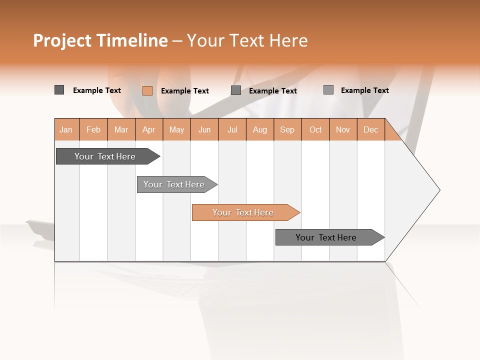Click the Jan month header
(66, 129)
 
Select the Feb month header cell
(93, 129)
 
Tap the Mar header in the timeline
(121, 129)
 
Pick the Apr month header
(148, 129)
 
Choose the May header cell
(176, 129)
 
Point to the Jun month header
(204, 129)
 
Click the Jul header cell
(232, 129)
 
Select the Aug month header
(260, 129)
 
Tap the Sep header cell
(287, 129)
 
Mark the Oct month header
(315, 129)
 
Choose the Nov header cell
(343, 129)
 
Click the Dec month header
(371, 129)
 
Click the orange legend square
(147, 90)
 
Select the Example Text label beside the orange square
(185, 91)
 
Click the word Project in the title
(62, 40)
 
